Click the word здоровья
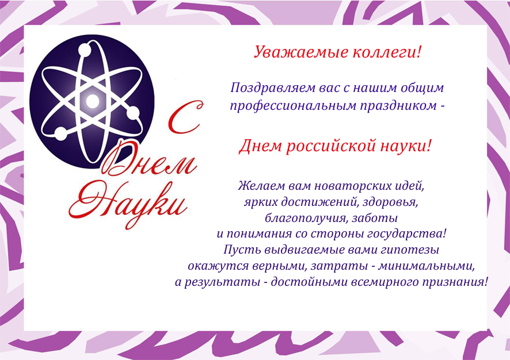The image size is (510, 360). tap(390, 202)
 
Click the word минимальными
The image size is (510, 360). tap(426, 266)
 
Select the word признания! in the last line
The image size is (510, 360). tap(455, 282)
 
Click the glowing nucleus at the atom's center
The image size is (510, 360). tap(92, 101)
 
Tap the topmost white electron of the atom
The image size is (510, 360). tap(85, 50)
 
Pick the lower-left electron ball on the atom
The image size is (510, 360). tap(60, 134)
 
